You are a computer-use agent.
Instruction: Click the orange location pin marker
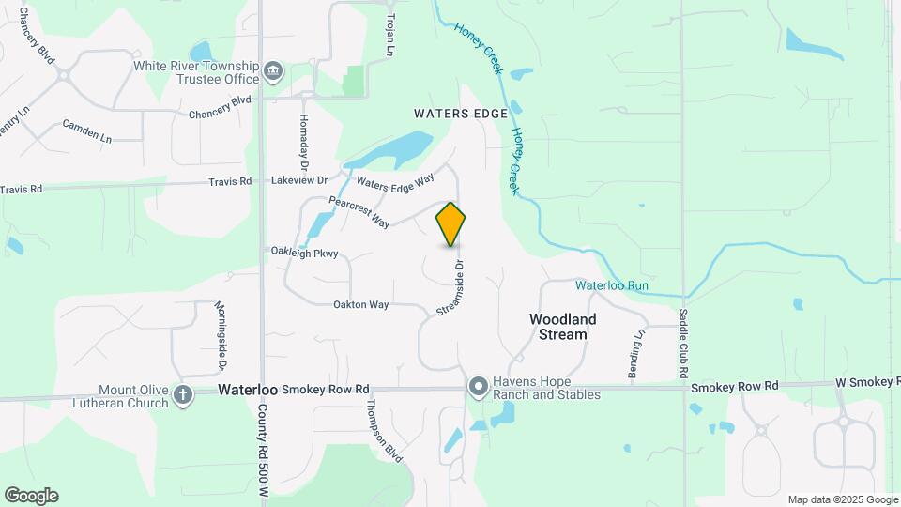pos(451,223)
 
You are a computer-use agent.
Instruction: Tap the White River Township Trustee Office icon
pos(273,70)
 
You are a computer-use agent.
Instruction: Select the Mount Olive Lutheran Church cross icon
pos(183,395)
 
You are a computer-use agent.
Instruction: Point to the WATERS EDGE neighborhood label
pos(461,114)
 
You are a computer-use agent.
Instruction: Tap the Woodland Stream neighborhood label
pos(563,327)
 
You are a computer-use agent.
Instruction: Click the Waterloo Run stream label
pos(612,285)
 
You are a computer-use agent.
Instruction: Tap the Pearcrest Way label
pos(359,211)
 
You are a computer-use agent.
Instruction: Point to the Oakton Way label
pos(360,305)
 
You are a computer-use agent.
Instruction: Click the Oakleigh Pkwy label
pos(304,253)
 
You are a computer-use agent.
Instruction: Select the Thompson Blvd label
pos(384,431)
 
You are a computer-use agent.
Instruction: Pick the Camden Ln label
pos(86,131)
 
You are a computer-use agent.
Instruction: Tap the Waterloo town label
pos(248,389)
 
